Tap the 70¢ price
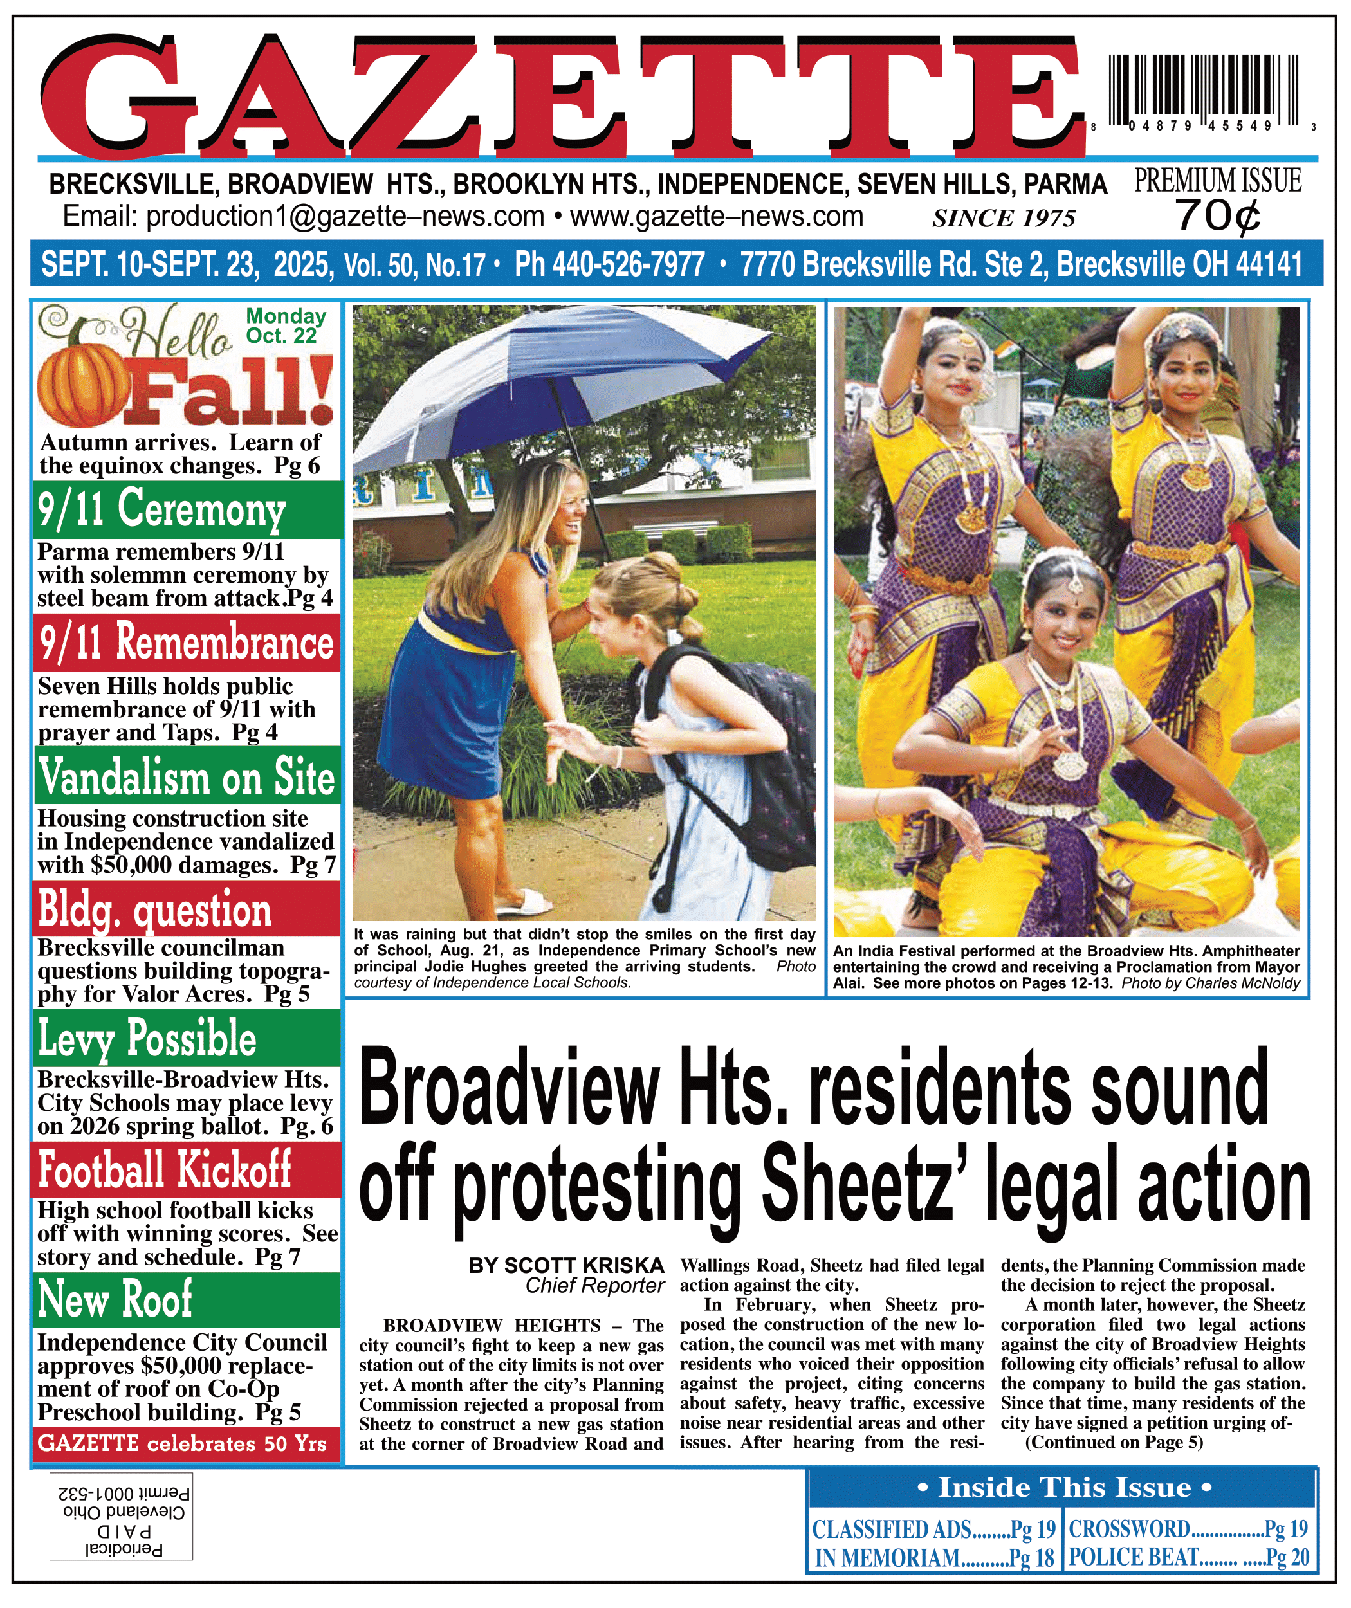[1218, 216]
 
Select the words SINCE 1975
[1004, 219]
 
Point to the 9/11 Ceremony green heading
[162, 509]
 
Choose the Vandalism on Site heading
[187, 776]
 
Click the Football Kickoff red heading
[165, 1169]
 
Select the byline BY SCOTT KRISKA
[566, 1266]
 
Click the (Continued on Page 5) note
[1114, 1443]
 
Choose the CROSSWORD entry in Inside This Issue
[1188, 1529]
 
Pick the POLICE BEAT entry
[1188, 1557]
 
